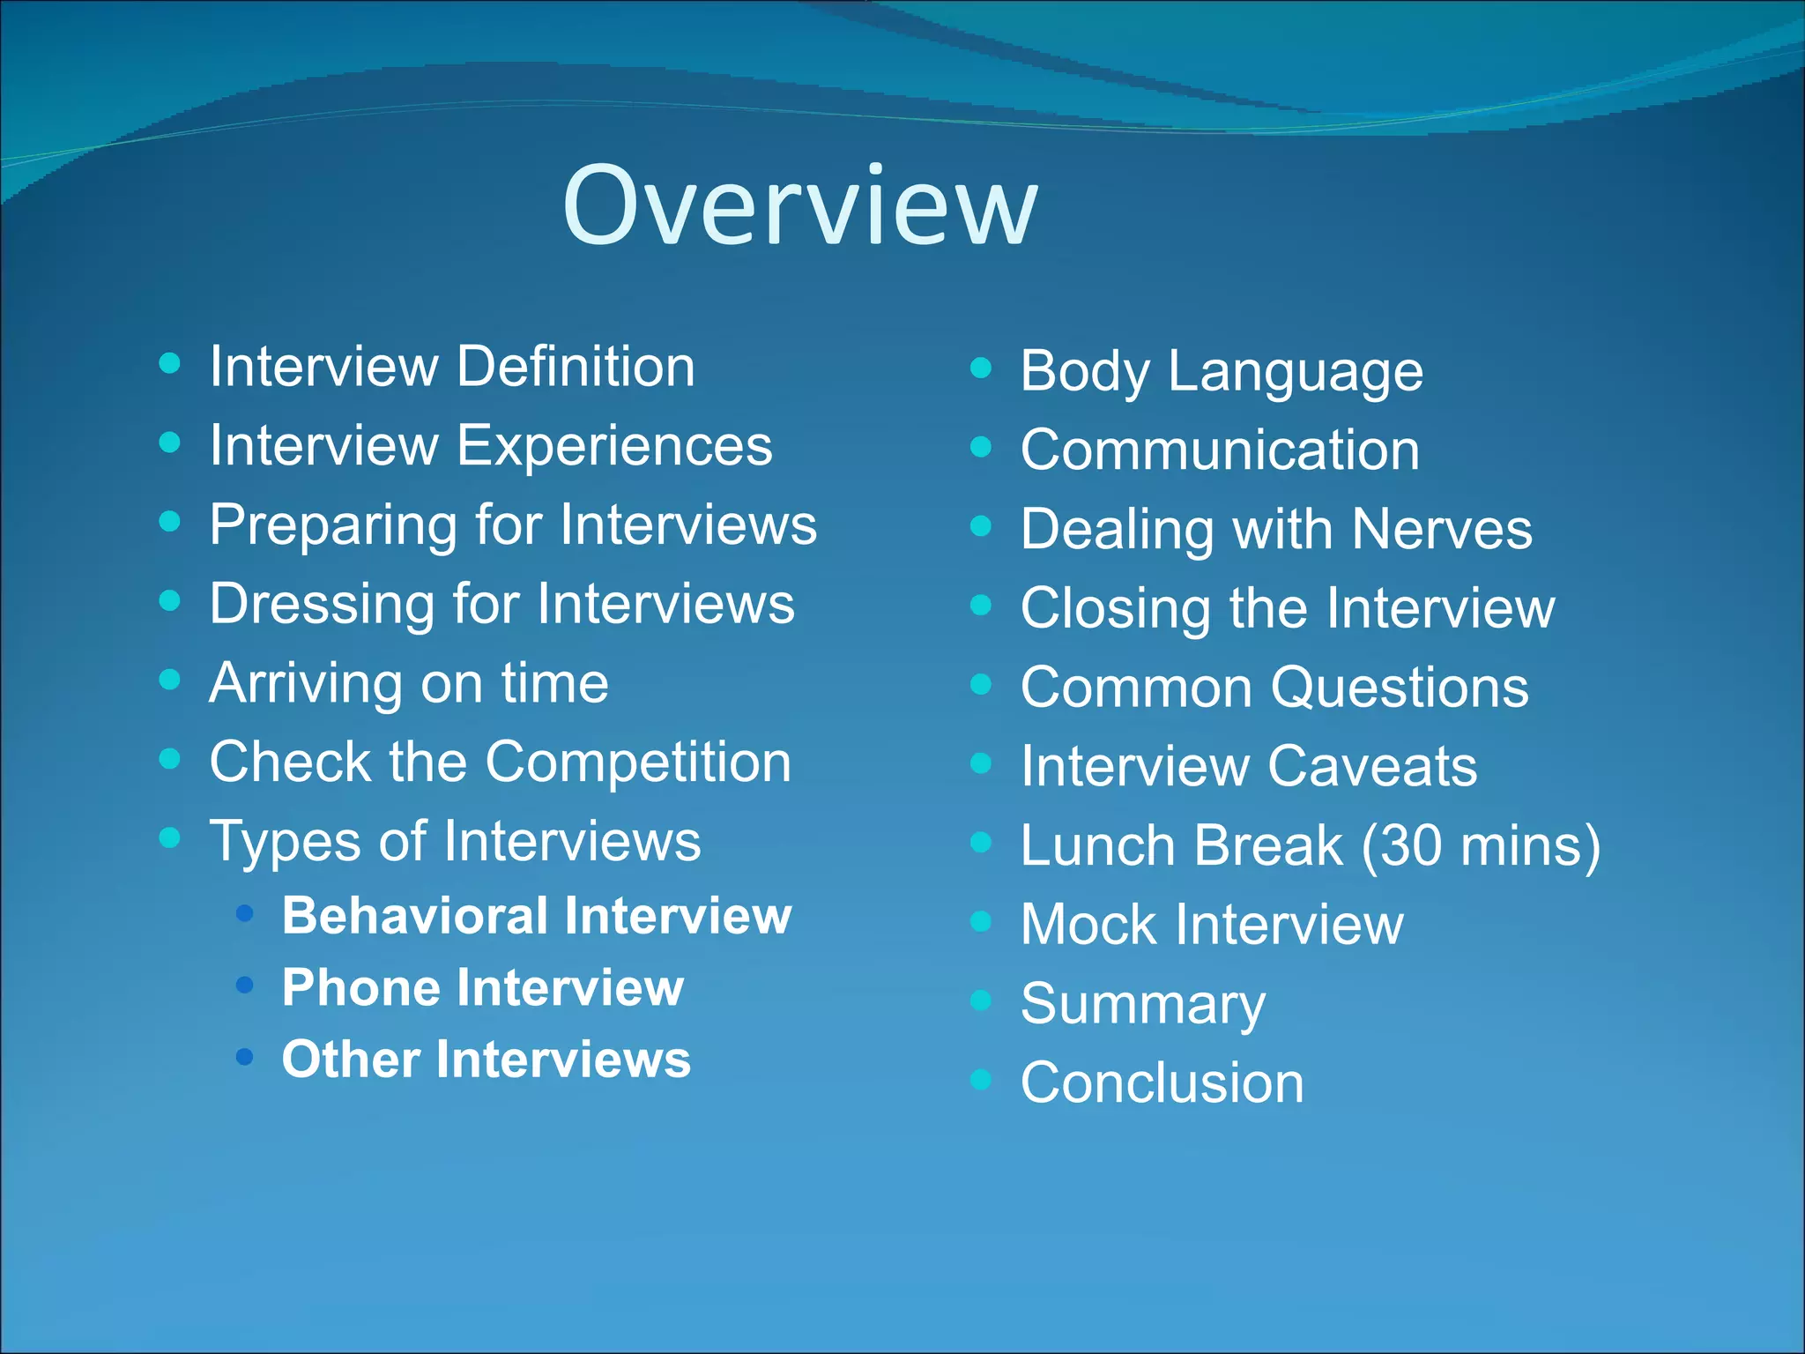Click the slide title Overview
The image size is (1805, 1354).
[800, 205]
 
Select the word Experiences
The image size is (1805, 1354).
[614, 445]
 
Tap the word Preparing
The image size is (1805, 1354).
[332, 525]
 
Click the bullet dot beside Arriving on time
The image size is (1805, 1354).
[170, 680]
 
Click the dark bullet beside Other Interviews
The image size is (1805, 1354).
[245, 1055]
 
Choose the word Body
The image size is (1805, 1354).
[1084, 371]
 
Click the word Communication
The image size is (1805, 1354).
[1220, 450]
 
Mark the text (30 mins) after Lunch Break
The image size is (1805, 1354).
[1481, 845]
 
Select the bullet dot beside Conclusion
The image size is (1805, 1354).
[981, 1079]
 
